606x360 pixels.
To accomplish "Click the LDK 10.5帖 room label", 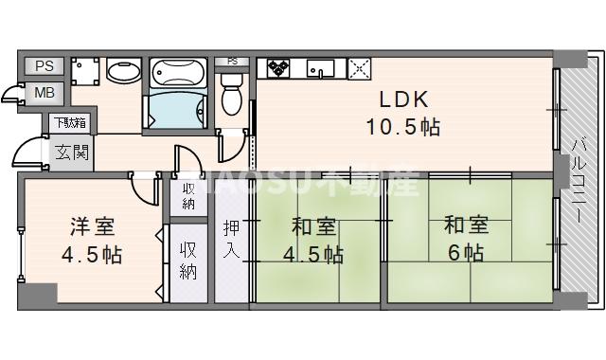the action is point(404,111).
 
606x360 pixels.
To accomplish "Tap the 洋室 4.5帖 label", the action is point(92,241).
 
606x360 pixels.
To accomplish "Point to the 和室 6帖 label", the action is point(466,239).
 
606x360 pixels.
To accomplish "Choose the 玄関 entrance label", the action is point(71,152).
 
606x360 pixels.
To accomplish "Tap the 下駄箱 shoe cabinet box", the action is point(69,122).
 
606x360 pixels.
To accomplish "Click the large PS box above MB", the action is point(44,66).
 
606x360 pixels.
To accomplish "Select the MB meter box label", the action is point(45,93).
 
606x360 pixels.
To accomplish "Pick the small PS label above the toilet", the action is point(232,63).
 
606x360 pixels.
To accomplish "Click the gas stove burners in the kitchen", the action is point(280,67).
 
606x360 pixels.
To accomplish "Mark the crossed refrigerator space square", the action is point(360,67).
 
